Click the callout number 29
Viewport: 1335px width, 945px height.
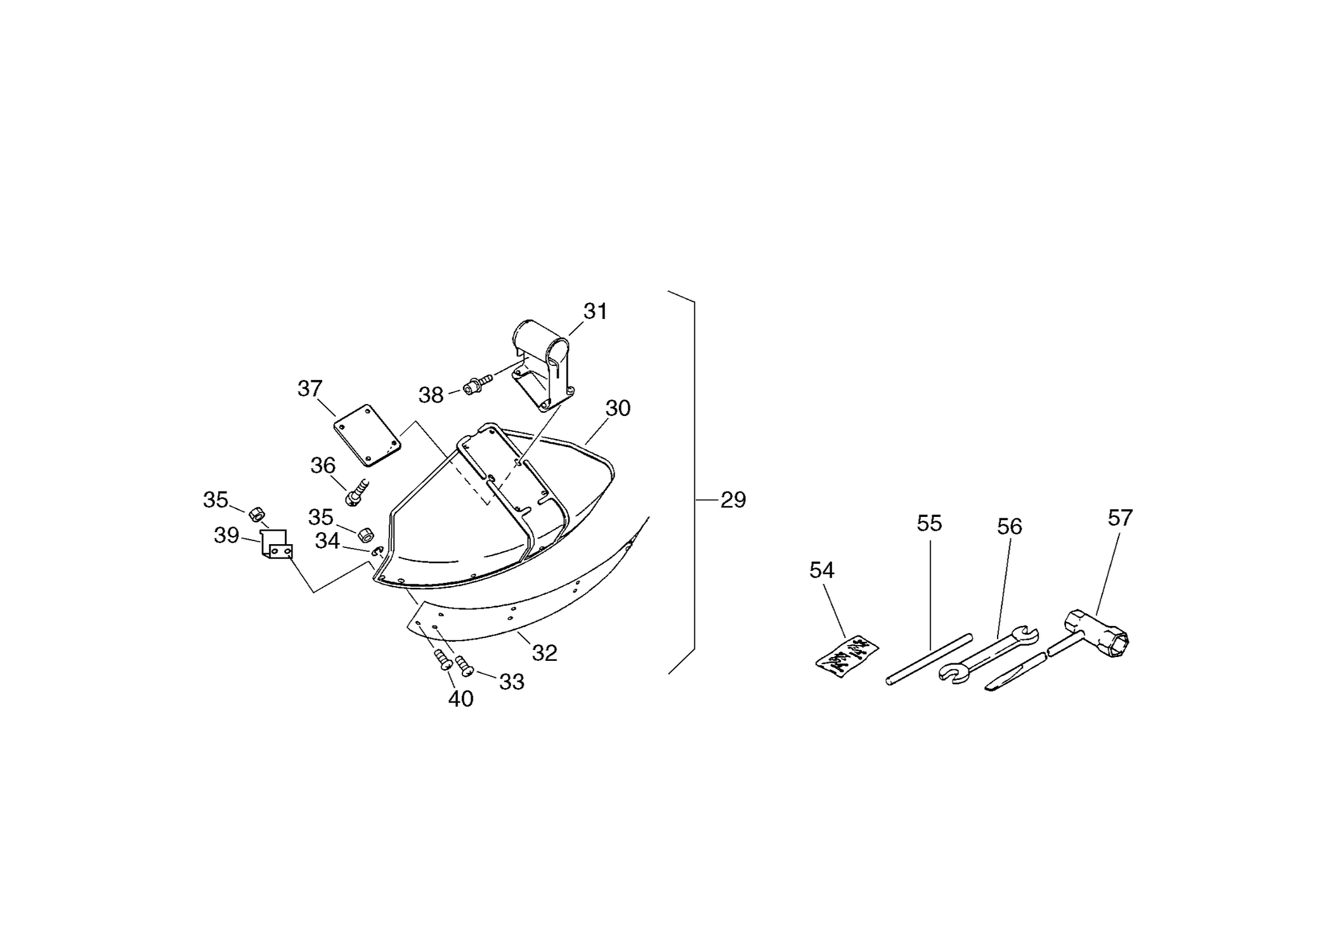click(733, 500)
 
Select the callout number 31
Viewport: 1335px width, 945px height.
click(596, 311)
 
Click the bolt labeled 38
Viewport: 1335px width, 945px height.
click(478, 384)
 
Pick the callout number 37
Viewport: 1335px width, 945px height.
click(310, 388)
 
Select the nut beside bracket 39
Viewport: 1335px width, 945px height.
click(256, 513)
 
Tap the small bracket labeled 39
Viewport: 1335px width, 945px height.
click(277, 545)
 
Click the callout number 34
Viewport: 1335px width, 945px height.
click(327, 541)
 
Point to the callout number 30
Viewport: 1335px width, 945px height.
click(618, 408)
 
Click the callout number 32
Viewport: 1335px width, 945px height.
click(545, 653)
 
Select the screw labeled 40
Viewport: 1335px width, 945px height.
click(443, 660)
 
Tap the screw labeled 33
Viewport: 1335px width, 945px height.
click(465, 665)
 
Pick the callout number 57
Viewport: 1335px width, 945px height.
click(1120, 518)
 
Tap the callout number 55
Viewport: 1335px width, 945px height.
click(930, 523)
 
